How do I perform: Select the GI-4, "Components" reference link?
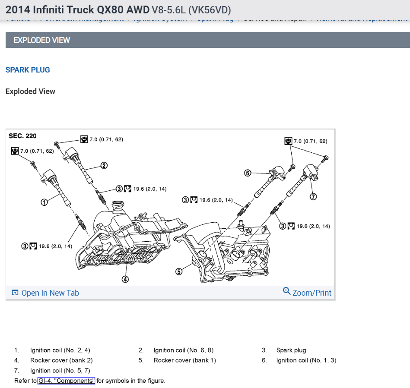(66, 381)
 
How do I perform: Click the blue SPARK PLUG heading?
(28, 70)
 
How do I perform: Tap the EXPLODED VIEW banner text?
(41, 40)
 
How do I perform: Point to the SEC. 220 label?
(22, 136)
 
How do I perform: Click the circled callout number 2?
(104, 165)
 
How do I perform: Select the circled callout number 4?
(125, 279)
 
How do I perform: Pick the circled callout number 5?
(178, 271)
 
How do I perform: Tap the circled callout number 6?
(248, 173)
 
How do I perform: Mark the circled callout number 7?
(313, 197)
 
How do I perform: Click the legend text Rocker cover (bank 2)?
(61, 360)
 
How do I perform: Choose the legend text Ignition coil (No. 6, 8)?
(183, 350)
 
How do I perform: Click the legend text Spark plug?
(291, 350)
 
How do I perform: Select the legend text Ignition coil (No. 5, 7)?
(60, 370)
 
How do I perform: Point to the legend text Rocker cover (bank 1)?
(184, 360)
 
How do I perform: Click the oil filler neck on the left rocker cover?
(118, 206)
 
